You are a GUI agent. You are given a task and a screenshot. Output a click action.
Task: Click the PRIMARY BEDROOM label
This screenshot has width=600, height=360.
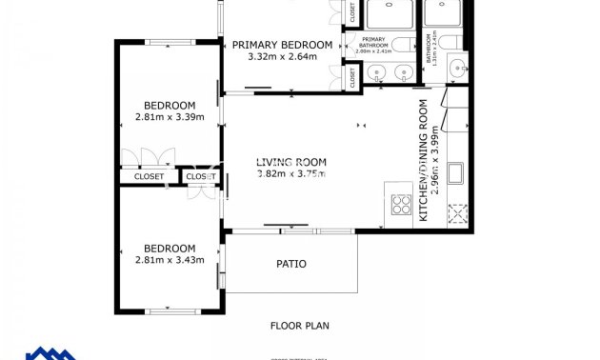coord(282,45)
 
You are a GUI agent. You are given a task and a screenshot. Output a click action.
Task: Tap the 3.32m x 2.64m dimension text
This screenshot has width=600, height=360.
coord(282,57)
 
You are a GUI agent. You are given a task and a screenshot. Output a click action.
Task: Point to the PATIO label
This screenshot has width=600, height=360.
coord(291,264)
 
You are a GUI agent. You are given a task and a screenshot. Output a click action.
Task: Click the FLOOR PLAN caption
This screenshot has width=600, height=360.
coord(299,326)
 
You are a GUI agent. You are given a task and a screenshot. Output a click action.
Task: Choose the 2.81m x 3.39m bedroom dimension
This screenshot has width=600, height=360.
coord(170,118)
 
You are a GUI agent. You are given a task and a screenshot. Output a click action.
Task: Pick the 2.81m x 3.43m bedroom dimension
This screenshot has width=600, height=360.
coord(170,260)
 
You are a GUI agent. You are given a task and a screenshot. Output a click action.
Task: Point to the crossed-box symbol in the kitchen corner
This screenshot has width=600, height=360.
coord(459,214)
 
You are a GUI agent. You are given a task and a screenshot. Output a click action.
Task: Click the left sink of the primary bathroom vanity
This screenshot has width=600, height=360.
coord(374,72)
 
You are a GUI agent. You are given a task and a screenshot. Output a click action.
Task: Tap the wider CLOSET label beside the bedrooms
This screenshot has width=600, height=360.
coord(149,176)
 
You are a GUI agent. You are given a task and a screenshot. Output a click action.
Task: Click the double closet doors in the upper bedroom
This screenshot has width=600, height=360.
coord(150,157)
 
